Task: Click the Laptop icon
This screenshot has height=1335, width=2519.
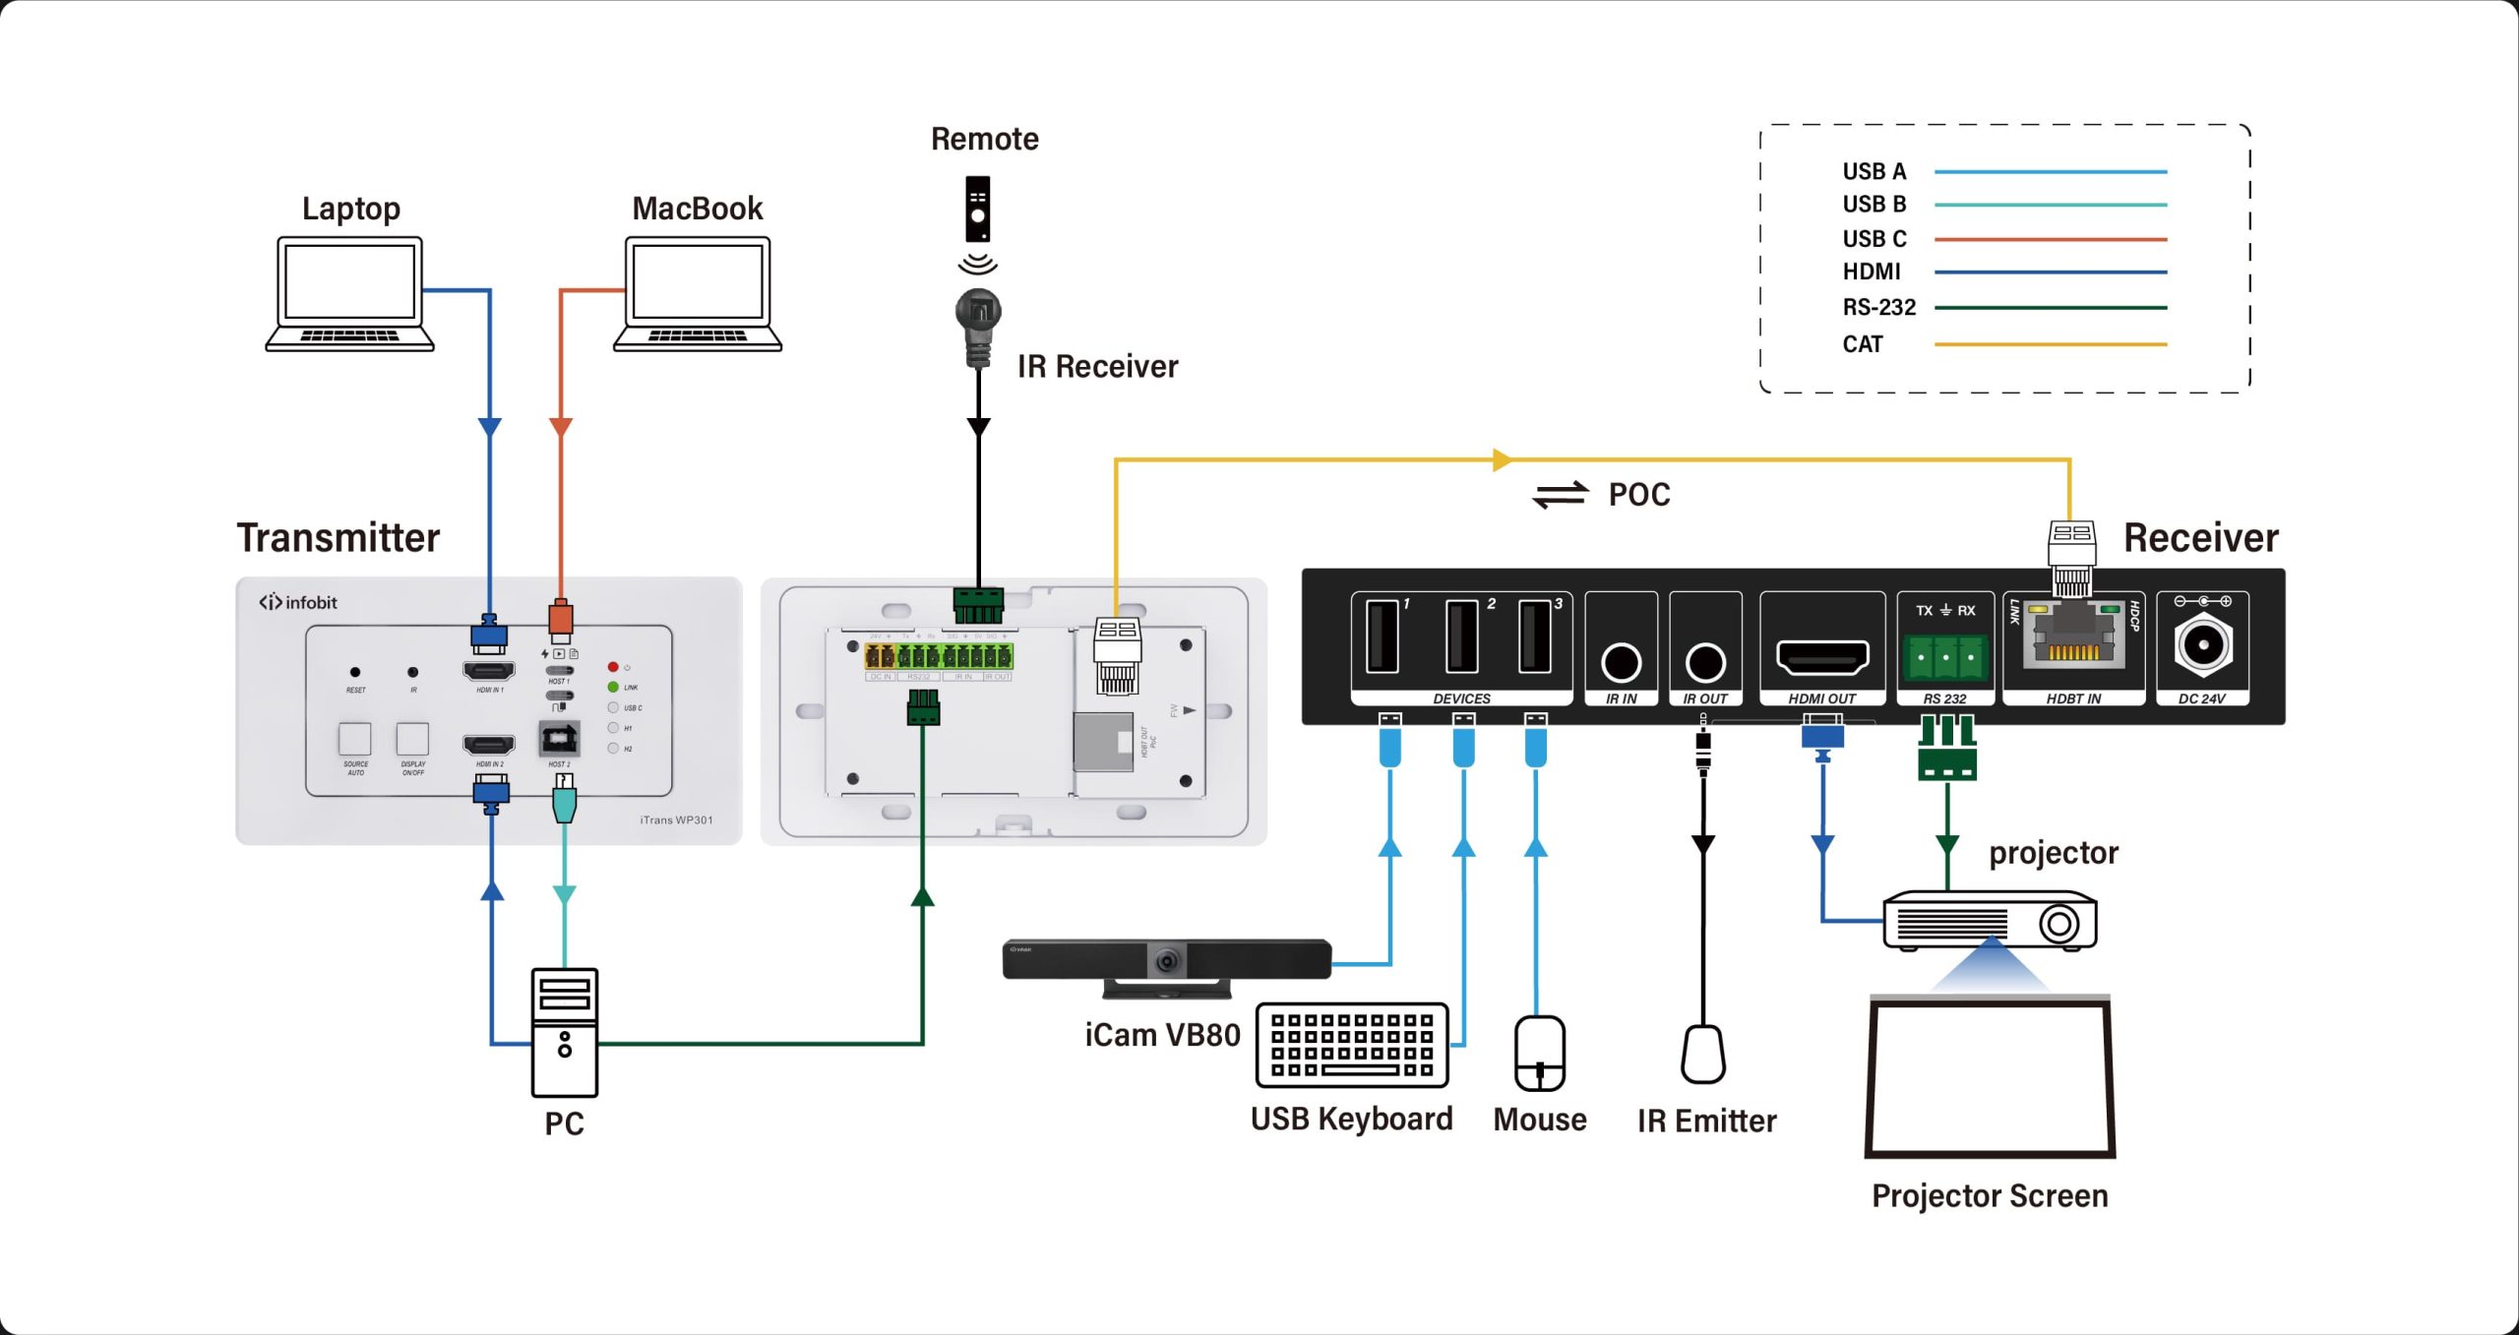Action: tap(349, 293)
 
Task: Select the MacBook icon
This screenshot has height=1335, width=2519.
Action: tap(698, 293)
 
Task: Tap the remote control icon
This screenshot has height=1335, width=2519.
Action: tap(977, 209)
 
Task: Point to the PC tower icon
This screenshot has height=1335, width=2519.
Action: tap(564, 1032)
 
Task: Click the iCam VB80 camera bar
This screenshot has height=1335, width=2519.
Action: tap(1166, 959)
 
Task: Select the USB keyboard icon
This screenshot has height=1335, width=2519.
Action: tap(1352, 1045)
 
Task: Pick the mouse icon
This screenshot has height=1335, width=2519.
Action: tap(1540, 1054)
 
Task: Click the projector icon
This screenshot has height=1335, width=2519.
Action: tap(1990, 921)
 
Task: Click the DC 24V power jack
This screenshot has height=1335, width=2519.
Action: tap(2202, 645)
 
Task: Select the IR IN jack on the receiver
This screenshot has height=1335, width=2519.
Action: tap(1621, 662)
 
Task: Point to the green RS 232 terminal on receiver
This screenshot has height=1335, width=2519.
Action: tap(1945, 656)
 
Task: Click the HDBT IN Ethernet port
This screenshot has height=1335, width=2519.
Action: tap(2073, 639)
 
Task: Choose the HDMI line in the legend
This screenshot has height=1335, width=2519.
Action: tap(2050, 273)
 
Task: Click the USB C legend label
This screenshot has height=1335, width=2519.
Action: tap(1874, 239)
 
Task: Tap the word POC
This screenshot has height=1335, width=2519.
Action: tap(1639, 494)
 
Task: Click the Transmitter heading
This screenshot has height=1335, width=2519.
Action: tap(338, 538)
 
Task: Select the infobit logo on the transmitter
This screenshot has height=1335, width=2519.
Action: tap(298, 602)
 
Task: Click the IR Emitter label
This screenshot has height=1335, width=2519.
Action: tap(1706, 1121)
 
